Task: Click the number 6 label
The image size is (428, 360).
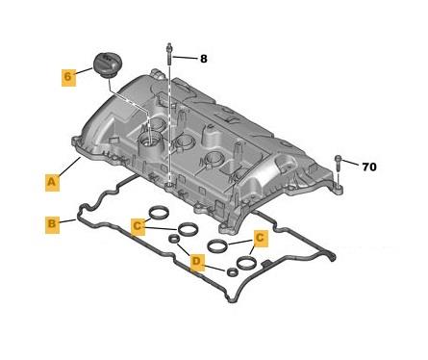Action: coord(68,77)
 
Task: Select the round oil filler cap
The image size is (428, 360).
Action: coord(106,65)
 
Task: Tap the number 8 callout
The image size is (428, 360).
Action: coord(204,59)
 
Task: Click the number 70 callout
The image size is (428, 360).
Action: coord(369,167)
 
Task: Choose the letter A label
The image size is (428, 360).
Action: coord(52,182)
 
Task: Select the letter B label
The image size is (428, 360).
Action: coord(52,224)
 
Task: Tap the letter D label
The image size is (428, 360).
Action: coord(197,262)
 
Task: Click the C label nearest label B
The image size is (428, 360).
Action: coord(138,226)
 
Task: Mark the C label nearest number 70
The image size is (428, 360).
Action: coord(261,238)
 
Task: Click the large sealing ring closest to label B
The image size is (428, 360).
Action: coord(159,213)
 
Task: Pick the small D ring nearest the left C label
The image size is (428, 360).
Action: coord(175,239)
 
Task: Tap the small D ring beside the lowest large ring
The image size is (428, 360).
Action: coord(232,272)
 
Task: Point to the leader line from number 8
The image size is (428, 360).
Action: coord(185,58)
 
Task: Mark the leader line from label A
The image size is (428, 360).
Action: coord(69,166)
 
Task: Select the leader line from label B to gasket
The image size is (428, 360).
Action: coord(68,221)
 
